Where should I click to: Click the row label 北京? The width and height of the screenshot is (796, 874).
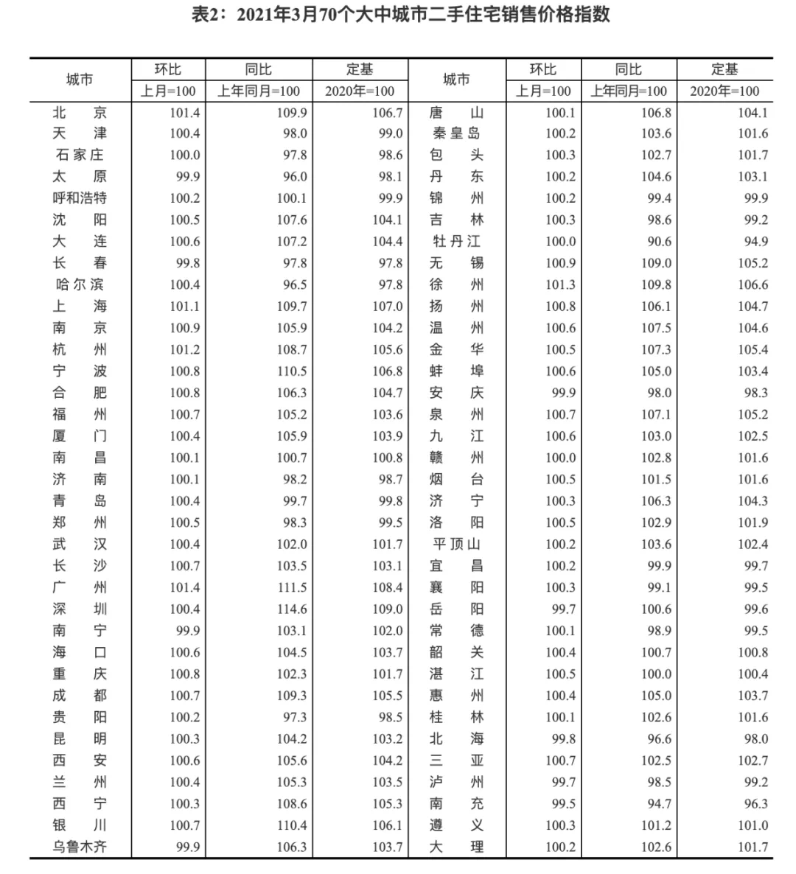click(80, 113)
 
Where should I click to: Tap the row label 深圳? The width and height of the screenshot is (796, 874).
click(80, 609)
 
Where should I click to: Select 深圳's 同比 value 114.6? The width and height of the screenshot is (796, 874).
click(292, 609)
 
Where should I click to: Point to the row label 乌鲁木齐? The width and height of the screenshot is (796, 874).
click(80, 847)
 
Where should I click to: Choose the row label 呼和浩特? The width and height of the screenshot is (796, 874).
click(80, 199)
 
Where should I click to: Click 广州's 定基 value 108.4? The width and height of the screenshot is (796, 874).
click(388, 588)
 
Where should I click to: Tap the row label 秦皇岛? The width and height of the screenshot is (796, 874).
click(456, 134)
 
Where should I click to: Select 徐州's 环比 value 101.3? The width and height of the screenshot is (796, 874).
click(561, 285)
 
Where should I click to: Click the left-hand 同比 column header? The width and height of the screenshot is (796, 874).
click(259, 69)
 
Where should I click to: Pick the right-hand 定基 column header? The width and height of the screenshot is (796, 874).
click(725, 69)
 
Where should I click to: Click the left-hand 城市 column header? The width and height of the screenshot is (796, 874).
click(80, 80)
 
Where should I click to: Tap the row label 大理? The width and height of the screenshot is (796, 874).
click(456, 847)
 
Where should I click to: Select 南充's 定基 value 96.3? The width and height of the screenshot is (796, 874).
click(753, 804)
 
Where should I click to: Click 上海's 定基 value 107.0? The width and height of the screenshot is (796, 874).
click(388, 307)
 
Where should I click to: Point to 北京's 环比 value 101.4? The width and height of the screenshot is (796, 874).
click(185, 113)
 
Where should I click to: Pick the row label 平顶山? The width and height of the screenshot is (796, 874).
click(456, 545)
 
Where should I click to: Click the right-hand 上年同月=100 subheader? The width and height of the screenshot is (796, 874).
click(629, 91)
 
